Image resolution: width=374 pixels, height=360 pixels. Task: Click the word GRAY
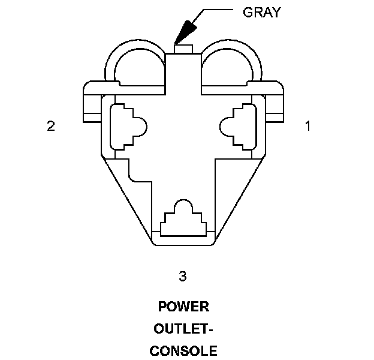coord(261,12)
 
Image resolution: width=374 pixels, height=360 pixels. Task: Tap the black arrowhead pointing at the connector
coord(186,29)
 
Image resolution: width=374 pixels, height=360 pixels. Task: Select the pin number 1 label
coord(307,126)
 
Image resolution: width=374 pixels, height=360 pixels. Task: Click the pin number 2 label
coord(51,126)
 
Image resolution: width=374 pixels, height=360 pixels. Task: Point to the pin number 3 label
coord(183,276)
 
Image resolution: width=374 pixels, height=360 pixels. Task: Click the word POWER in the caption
coord(183,307)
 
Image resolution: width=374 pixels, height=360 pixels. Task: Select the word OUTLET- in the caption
coord(183,329)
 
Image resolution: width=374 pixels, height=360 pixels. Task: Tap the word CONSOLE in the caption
coord(183,350)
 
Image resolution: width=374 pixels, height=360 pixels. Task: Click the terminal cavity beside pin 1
coord(242,126)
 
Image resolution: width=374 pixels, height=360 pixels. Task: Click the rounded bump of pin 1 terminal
coord(226,126)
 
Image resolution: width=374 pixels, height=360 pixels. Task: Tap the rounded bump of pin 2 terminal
coord(142,126)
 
